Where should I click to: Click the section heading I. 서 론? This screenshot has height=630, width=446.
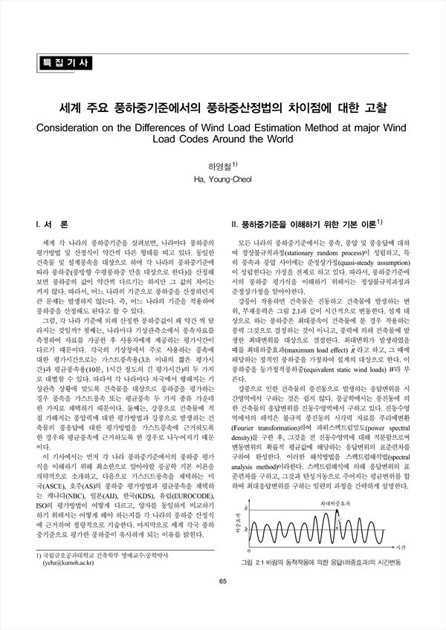click(52, 223)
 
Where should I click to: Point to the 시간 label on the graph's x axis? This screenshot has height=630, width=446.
click(399, 546)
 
